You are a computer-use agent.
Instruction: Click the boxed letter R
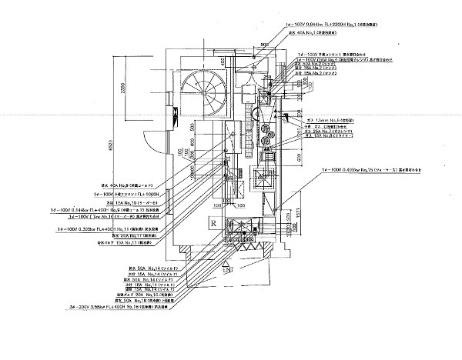pyautogui.click(x=212, y=224)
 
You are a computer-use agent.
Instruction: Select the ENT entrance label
pyautogui.click(x=228, y=272)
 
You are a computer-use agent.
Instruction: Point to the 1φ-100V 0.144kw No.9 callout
pyautogui.click(x=109, y=208)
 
